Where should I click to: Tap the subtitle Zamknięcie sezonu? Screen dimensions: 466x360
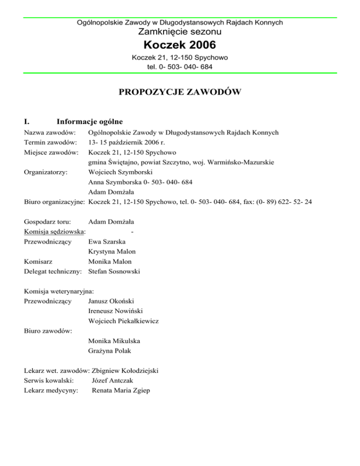pos(180,32)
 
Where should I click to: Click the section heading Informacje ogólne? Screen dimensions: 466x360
pos(89,122)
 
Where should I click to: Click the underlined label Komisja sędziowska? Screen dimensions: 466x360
pos(54,231)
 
